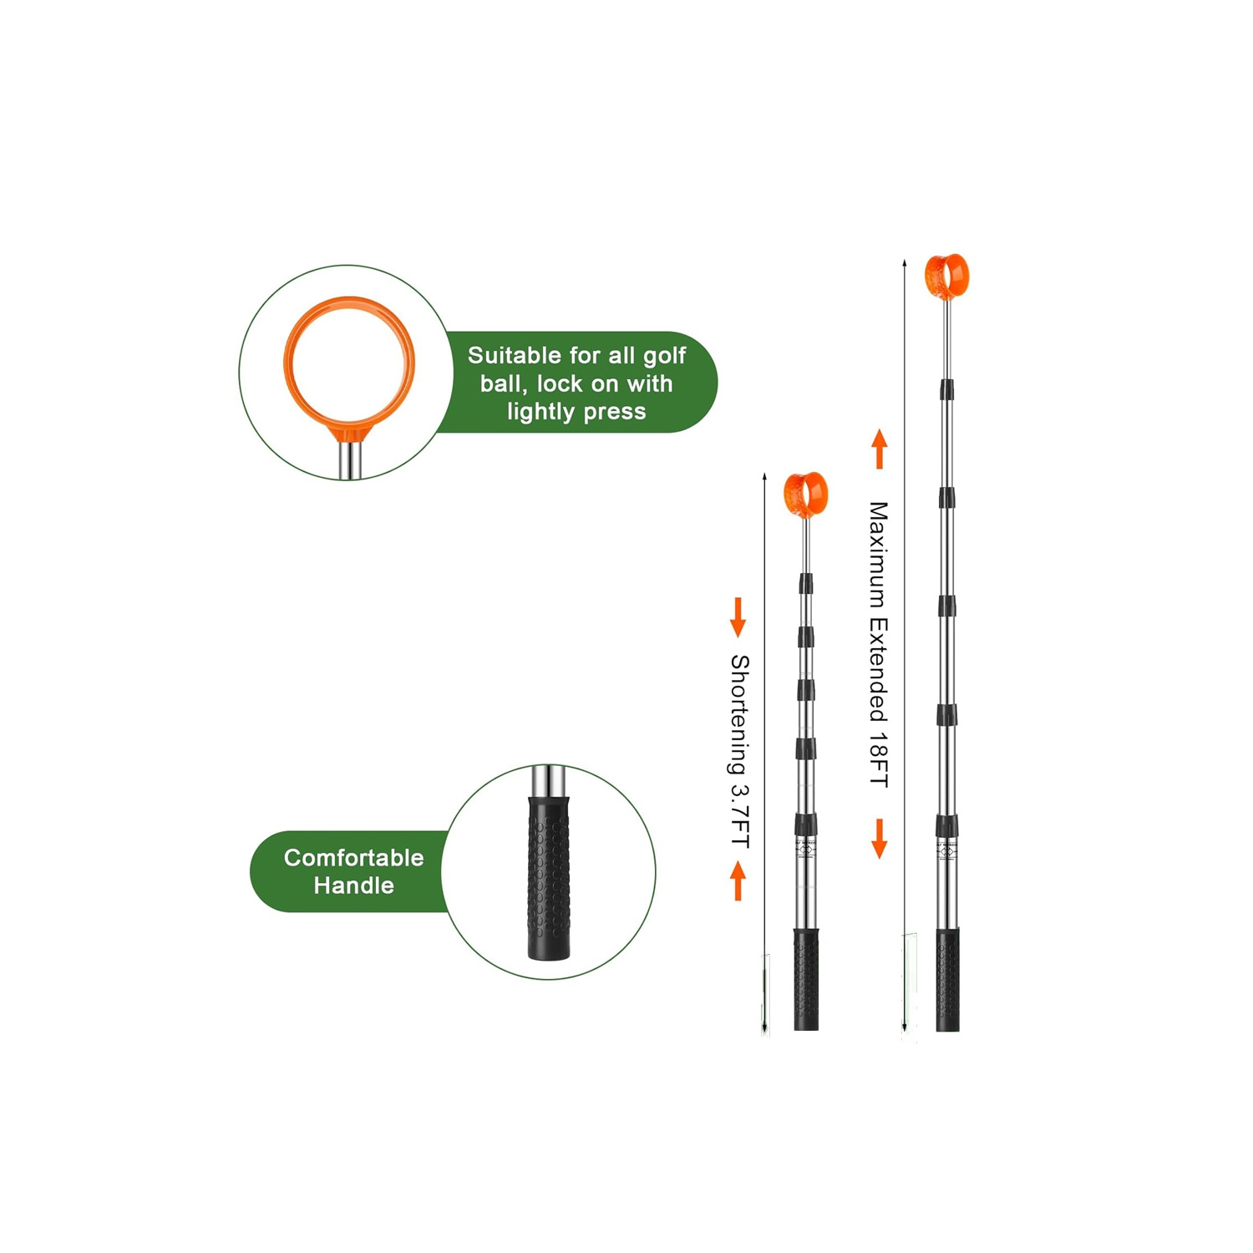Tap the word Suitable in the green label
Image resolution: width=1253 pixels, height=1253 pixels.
point(515,356)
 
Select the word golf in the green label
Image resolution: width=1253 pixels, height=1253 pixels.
point(664,357)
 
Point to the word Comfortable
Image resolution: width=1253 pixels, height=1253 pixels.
point(353,858)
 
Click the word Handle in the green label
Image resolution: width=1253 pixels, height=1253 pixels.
point(353,885)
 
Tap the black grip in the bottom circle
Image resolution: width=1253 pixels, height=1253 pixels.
point(549,878)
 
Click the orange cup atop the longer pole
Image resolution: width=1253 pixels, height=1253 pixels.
point(946,276)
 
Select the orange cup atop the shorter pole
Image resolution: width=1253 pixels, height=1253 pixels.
point(805,495)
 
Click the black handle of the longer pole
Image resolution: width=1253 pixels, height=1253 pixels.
point(947,980)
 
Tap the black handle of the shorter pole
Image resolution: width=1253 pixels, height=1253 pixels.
point(806,980)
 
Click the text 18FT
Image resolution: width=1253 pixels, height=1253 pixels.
point(878,759)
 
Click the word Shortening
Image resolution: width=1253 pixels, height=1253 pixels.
point(740,714)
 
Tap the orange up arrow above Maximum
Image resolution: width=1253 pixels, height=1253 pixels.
point(879,449)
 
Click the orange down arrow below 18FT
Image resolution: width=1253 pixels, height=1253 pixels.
point(879,839)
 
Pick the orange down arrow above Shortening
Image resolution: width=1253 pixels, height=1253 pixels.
point(738,617)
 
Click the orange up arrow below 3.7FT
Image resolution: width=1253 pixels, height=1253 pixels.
point(738,881)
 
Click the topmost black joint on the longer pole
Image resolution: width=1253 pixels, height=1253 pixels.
point(946,390)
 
